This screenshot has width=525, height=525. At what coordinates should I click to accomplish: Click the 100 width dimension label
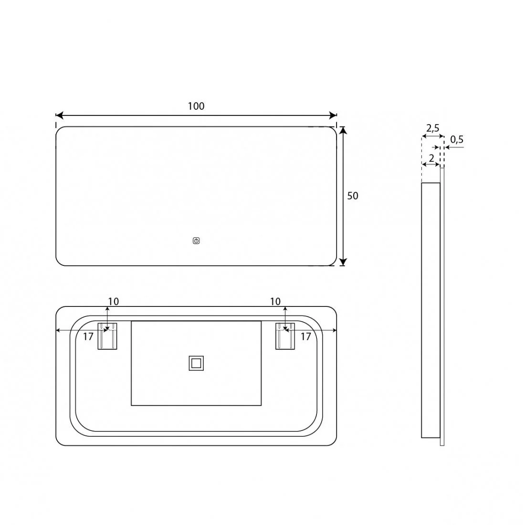tap(196, 106)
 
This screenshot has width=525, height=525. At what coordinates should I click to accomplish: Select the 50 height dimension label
tap(353, 196)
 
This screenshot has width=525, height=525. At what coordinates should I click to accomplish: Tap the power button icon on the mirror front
tap(196, 241)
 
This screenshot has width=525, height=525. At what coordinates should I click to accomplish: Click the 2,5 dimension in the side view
tap(432, 128)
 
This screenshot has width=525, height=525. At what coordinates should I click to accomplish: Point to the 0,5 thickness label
tap(457, 139)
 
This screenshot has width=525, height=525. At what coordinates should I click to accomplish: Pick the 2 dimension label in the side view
tap(431, 158)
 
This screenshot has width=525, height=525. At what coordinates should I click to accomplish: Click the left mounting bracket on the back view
tap(107, 336)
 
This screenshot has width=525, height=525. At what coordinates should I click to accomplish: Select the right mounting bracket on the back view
tap(285, 336)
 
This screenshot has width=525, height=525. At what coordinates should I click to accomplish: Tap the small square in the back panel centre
tap(196, 363)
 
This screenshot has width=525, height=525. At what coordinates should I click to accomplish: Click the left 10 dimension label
tap(113, 302)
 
